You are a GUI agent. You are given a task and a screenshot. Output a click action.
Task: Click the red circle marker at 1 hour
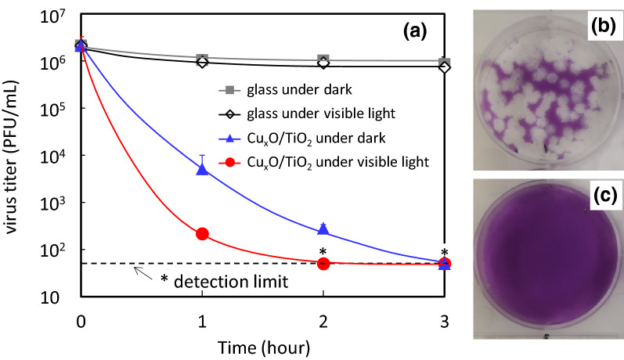202,233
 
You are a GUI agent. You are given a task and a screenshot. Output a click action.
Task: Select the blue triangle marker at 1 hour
202,169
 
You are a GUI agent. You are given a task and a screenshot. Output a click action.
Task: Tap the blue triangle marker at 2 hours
323,229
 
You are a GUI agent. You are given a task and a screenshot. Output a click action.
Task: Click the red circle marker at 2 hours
323,263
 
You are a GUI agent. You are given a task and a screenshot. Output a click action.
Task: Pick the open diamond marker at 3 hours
445,67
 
